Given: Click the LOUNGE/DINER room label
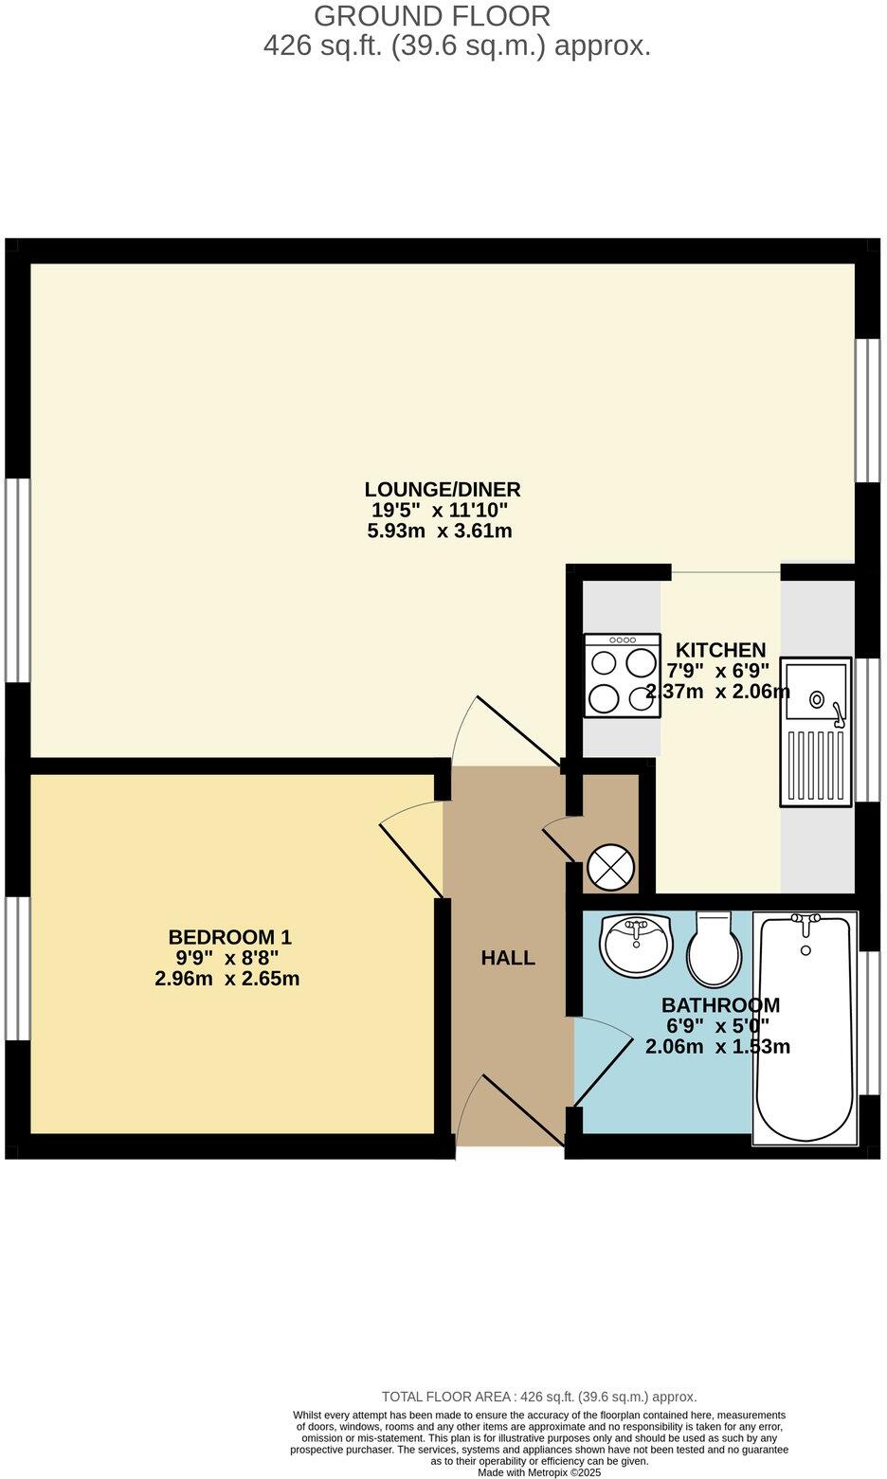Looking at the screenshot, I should click(443, 490).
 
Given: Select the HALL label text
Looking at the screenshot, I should click(508, 958).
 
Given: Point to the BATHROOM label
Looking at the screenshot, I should click(720, 1005).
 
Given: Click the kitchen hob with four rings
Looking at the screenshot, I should click(623, 675).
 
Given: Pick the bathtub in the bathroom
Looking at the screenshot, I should click(806, 1028).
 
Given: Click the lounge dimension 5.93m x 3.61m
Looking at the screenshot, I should click(439, 532).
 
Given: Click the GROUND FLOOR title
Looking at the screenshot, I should click(431, 16).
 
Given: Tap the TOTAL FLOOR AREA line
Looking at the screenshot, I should click(538, 1397).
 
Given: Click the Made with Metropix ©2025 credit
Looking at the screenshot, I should click(538, 1472).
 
